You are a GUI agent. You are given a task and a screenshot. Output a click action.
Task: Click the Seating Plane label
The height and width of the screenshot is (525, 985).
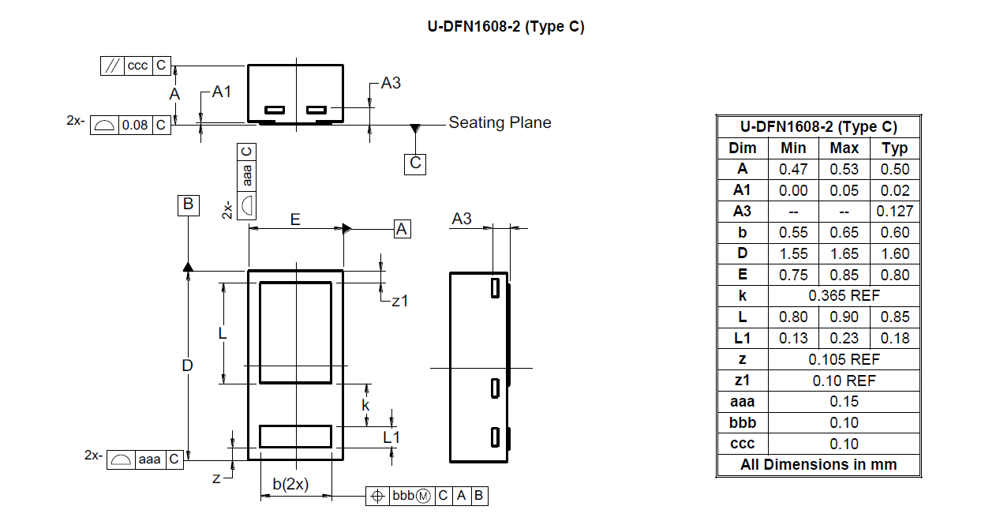pos(500,122)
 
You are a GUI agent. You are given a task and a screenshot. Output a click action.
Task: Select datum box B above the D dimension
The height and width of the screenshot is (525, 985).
pos(188,205)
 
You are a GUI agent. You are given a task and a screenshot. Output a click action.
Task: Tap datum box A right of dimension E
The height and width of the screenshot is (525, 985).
pos(402,229)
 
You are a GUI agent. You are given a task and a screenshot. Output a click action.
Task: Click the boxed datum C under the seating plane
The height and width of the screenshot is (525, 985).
pos(415,163)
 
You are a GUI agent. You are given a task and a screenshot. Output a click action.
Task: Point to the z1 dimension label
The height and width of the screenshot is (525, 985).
pos(399,302)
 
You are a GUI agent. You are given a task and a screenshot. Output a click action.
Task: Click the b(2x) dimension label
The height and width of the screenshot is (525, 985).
pos(290,484)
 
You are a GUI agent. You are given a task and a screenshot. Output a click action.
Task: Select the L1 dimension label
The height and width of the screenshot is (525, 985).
pos(391,437)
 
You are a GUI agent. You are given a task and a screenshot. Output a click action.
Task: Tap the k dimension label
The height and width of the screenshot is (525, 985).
pos(365,405)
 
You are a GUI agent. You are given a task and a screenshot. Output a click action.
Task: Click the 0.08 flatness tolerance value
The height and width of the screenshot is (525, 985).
pos(134,126)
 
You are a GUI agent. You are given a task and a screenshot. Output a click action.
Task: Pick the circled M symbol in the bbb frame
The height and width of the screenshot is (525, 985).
pos(423,497)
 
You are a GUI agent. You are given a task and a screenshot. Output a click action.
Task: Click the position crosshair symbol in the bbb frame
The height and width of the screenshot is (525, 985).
pos(377,497)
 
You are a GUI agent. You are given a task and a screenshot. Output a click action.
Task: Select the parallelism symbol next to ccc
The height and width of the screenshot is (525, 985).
pos(112,66)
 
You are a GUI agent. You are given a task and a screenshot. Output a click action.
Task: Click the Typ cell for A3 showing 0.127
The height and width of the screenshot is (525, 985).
pos(894,212)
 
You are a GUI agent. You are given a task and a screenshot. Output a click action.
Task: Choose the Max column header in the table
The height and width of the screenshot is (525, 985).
pos(844,148)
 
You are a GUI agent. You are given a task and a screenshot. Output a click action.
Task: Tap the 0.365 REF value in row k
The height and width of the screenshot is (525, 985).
pos(844,296)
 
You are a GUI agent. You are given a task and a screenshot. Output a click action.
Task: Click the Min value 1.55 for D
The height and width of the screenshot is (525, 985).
pos(793,253)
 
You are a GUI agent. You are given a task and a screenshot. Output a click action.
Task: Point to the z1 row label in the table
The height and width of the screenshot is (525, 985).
pos(742,381)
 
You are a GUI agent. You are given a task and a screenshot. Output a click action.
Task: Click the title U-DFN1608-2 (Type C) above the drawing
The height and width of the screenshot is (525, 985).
pos(506,26)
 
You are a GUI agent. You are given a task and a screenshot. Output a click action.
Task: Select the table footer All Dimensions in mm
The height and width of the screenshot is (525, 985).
pos(818,464)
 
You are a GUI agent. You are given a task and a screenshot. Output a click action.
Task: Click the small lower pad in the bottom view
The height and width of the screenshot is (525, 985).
pos(295,437)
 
